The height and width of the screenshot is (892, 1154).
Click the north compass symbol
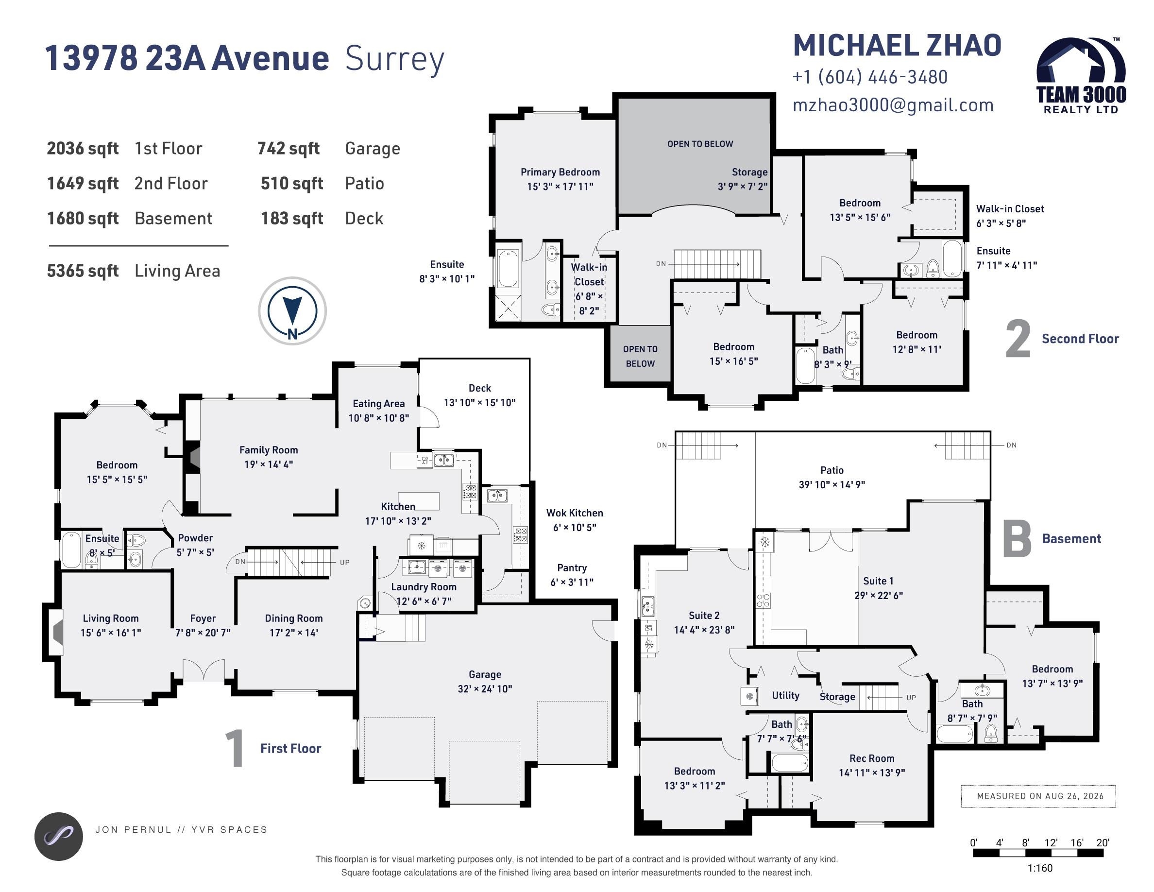pyautogui.click(x=292, y=311)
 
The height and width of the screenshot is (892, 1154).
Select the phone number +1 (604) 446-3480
pyautogui.click(x=870, y=77)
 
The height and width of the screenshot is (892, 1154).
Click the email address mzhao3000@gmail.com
pyautogui.click(x=893, y=105)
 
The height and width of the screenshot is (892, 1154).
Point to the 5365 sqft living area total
pyautogui.click(x=83, y=271)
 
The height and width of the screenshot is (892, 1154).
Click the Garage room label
pyautogui.click(x=485, y=674)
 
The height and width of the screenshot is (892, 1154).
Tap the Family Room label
pyautogui.click(x=269, y=450)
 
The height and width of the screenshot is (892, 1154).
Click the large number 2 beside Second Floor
pyautogui.click(x=1018, y=339)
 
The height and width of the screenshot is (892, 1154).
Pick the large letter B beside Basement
pyautogui.click(x=1017, y=538)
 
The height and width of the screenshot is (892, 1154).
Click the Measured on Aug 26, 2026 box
pyautogui.click(x=1038, y=796)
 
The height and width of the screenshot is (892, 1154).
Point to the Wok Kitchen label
pyautogui.click(x=575, y=513)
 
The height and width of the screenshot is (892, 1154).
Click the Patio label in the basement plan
pyautogui.click(x=832, y=470)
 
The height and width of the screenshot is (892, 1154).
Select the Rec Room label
pyautogui.click(x=872, y=758)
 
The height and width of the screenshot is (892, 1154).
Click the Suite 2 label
pyautogui.click(x=704, y=615)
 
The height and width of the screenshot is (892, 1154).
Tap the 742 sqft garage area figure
pyautogui.click(x=288, y=149)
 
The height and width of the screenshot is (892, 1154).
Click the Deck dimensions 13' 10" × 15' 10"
pyautogui.click(x=479, y=403)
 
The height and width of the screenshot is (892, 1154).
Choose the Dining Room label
pyautogui.click(x=294, y=618)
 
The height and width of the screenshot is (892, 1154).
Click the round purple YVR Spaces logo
pyautogui.click(x=59, y=837)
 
